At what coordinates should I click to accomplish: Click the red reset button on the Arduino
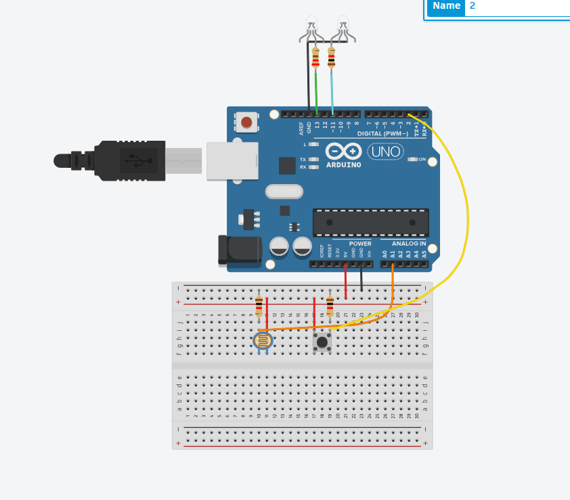tap(246, 122)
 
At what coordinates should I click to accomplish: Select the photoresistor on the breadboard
tap(263, 340)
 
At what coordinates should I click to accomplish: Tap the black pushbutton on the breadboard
tap(322, 342)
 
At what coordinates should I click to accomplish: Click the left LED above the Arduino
tap(311, 26)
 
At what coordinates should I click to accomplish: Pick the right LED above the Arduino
tap(343, 26)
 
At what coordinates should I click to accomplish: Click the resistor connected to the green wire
tap(315, 58)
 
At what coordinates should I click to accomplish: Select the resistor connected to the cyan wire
tap(331, 58)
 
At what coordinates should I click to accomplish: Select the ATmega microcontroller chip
tap(370, 222)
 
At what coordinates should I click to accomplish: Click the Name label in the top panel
tap(446, 6)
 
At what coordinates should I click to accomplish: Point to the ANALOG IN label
tap(409, 244)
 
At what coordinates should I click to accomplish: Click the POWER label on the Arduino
tap(360, 244)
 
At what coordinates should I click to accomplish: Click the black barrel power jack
tap(239, 249)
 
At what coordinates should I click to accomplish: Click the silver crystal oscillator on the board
tap(284, 192)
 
